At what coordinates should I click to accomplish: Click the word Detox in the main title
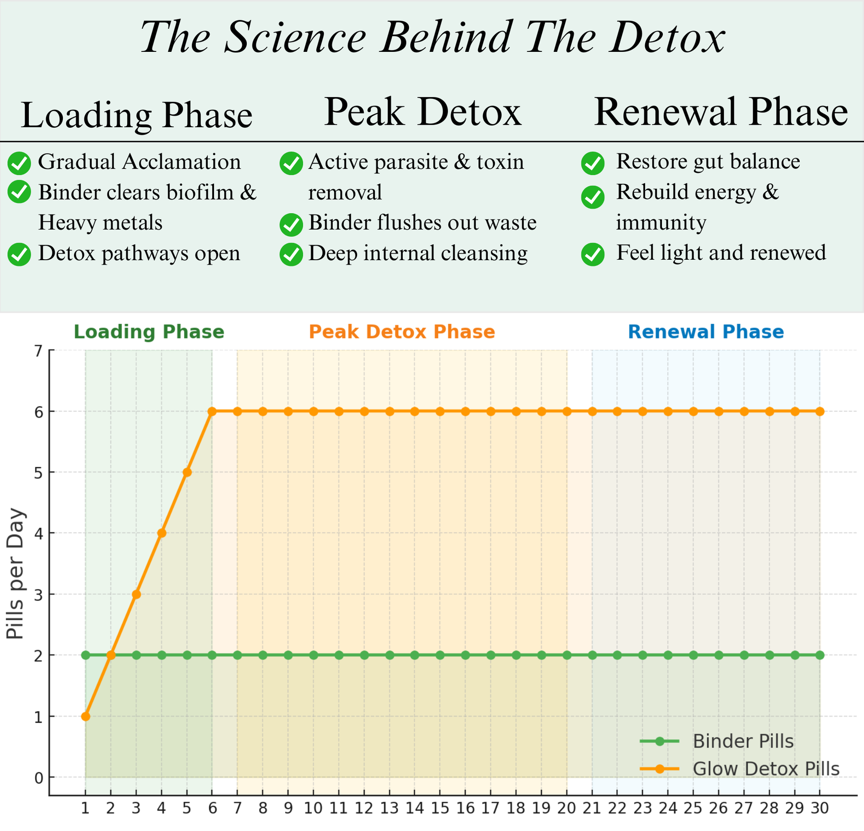(x=667, y=37)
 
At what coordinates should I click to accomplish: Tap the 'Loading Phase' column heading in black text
(x=137, y=115)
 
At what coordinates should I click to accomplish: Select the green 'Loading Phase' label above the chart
(x=149, y=332)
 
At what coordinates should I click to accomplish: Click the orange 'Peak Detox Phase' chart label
(x=402, y=332)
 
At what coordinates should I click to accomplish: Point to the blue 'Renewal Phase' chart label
(x=706, y=332)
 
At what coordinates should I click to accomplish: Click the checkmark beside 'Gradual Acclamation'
(x=20, y=163)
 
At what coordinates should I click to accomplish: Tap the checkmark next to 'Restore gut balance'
(x=593, y=163)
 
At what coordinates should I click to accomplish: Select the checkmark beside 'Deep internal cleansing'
(x=291, y=254)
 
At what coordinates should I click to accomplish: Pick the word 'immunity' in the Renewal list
(x=661, y=223)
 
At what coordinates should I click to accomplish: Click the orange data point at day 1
(x=85, y=716)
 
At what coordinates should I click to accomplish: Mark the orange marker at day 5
(x=187, y=472)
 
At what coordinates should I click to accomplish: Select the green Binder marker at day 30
(x=820, y=655)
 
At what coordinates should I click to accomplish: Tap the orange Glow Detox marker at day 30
(x=820, y=411)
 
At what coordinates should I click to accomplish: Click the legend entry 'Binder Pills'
(x=743, y=741)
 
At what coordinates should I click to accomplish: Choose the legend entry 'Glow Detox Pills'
(x=766, y=769)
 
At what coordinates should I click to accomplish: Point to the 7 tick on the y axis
(x=38, y=351)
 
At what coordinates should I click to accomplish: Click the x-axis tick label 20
(x=566, y=808)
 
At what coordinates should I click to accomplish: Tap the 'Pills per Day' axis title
(x=16, y=573)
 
